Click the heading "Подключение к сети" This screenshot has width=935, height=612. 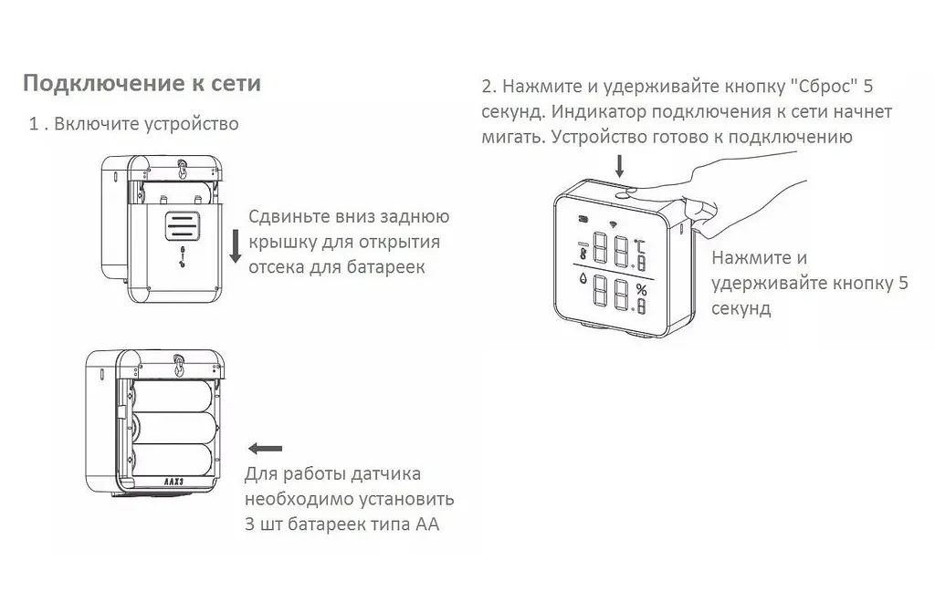[142, 84]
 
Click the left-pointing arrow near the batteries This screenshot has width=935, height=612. [265, 448]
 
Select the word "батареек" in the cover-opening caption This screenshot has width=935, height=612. [388, 267]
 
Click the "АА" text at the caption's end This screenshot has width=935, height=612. [427, 525]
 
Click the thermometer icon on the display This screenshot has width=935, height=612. [582, 252]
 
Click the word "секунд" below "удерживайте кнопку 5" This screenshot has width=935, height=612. [741, 308]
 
